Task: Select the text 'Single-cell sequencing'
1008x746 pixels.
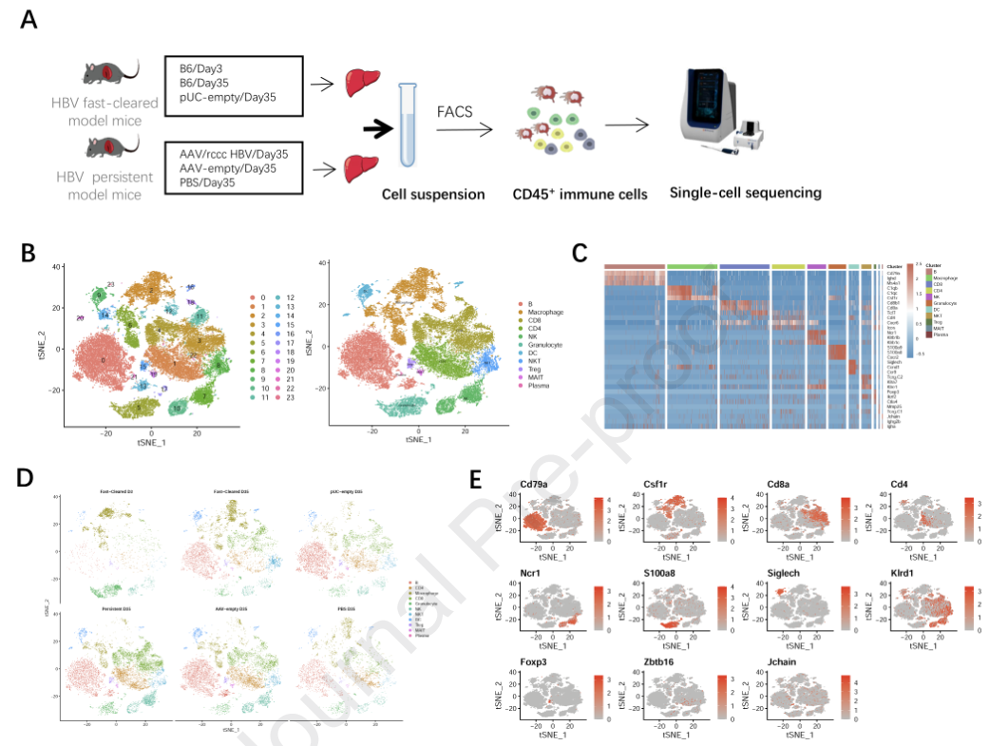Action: pyautogui.click(x=746, y=193)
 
